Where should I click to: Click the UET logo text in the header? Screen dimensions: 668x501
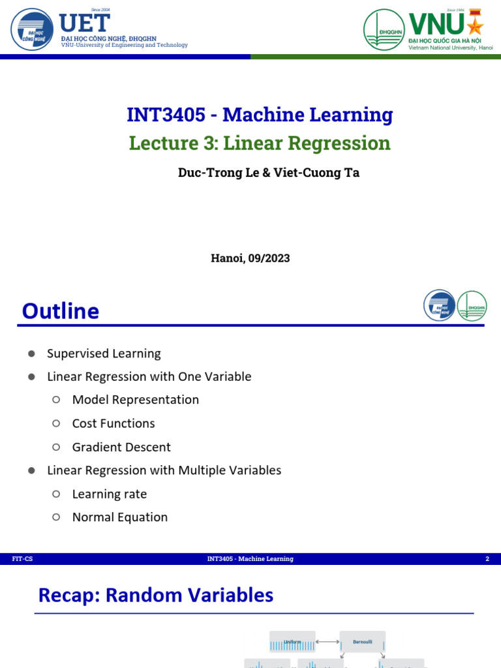84,23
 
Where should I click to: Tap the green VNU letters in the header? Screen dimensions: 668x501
436,24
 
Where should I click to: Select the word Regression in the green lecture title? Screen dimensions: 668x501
339,144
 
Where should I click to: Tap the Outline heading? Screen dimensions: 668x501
61,311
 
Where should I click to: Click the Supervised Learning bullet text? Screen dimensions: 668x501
104,354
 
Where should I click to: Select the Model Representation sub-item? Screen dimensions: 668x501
135,400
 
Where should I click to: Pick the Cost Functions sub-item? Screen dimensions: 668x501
114,423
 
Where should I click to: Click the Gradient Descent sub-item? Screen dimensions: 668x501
121,447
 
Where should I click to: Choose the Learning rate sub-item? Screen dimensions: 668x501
110,494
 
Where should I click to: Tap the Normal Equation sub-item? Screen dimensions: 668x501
119,517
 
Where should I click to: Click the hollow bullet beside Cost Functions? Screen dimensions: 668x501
56,423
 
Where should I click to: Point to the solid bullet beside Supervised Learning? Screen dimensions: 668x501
31,354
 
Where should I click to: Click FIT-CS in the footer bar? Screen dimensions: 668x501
22,559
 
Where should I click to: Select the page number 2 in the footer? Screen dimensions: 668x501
487,559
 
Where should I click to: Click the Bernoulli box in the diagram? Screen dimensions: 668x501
362,642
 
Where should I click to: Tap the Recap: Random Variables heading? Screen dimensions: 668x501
155,595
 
